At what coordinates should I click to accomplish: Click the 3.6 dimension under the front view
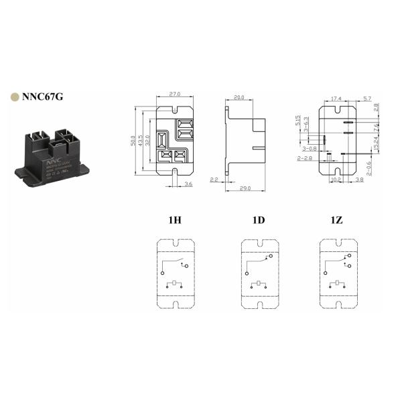(190, 184)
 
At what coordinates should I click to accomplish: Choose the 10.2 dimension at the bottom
(337, 180)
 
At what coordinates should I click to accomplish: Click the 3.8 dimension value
(360, 180)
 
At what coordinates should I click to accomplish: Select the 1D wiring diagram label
(258, 219)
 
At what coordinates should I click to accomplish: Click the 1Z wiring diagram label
(337, 219)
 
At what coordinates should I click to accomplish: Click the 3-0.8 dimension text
(310, 148)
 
